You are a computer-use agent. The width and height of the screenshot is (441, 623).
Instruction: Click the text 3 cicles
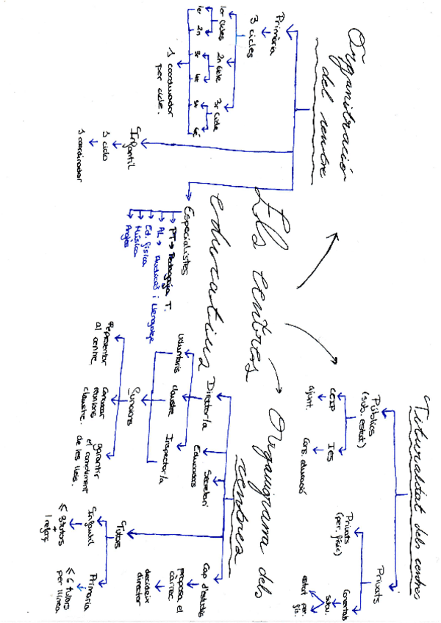pyautogui.click(x=251, y=45)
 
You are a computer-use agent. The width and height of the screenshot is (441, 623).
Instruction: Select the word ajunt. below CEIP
pyautogui.click(x=313, y=388)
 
